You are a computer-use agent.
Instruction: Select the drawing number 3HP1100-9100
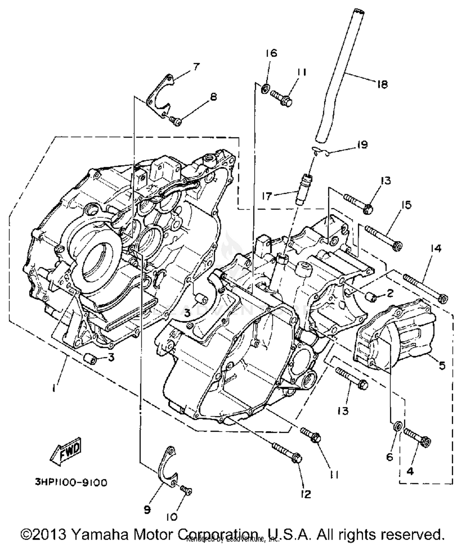click(71, 483)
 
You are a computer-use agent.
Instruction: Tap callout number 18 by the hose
click(382, 84)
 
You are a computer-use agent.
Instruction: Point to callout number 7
click(196, 66)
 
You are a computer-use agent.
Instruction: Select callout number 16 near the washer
click(271, 53)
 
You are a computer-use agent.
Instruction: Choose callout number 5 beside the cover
click(442, 365)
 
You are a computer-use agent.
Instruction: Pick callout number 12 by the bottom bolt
click(306, 494)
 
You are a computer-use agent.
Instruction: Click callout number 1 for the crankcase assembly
click(55, 387)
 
